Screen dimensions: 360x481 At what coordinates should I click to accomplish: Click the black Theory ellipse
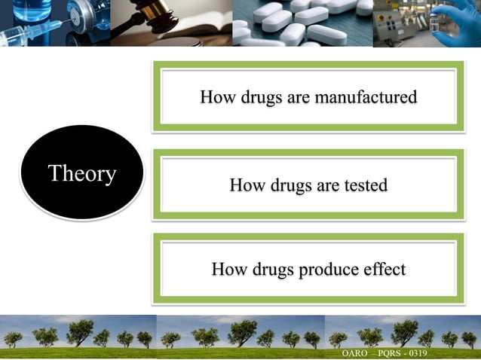coord(81,173)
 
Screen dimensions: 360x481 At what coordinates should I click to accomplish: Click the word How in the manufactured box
coord(217,97)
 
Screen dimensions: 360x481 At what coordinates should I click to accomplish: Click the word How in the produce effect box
coord(228,269)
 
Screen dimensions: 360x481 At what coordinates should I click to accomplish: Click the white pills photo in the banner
coord(302,23)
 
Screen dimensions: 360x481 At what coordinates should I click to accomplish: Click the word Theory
coord(81,174)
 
